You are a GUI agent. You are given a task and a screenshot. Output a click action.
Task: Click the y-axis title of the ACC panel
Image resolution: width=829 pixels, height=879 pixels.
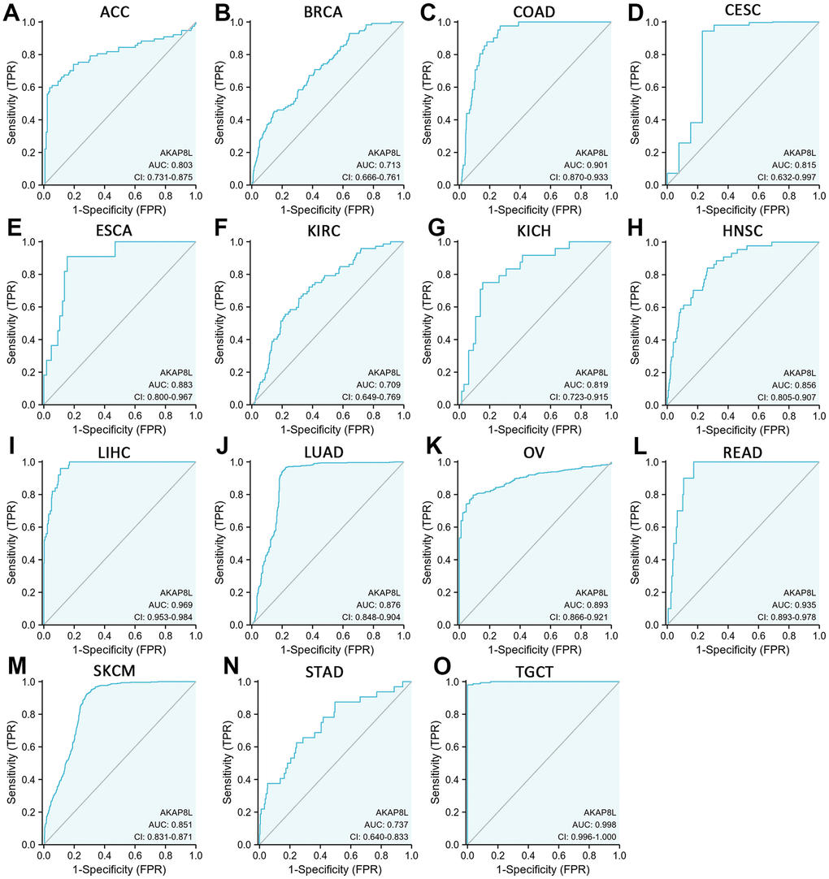coord(11,103)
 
